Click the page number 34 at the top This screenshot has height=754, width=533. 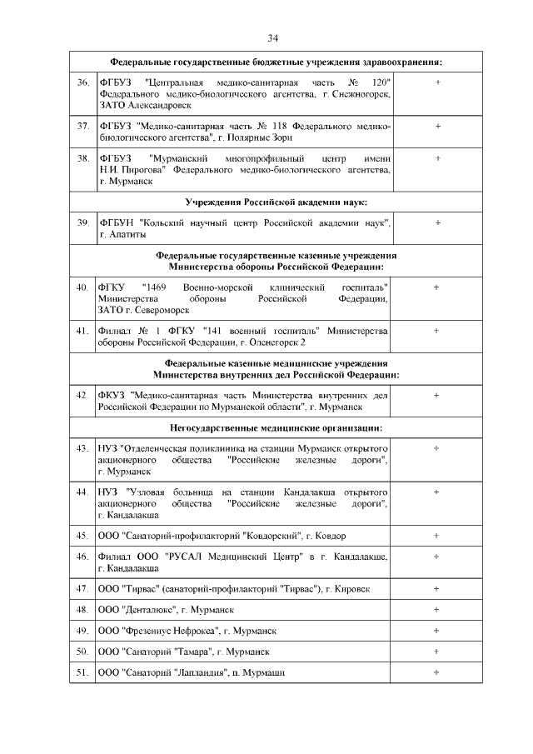pos(272,38)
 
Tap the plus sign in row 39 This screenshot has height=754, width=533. pos(437,222)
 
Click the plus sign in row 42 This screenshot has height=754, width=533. pos(437,395)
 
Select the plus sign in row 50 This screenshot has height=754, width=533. pos(437,651)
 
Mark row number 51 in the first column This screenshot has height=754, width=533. pos(82,672)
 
